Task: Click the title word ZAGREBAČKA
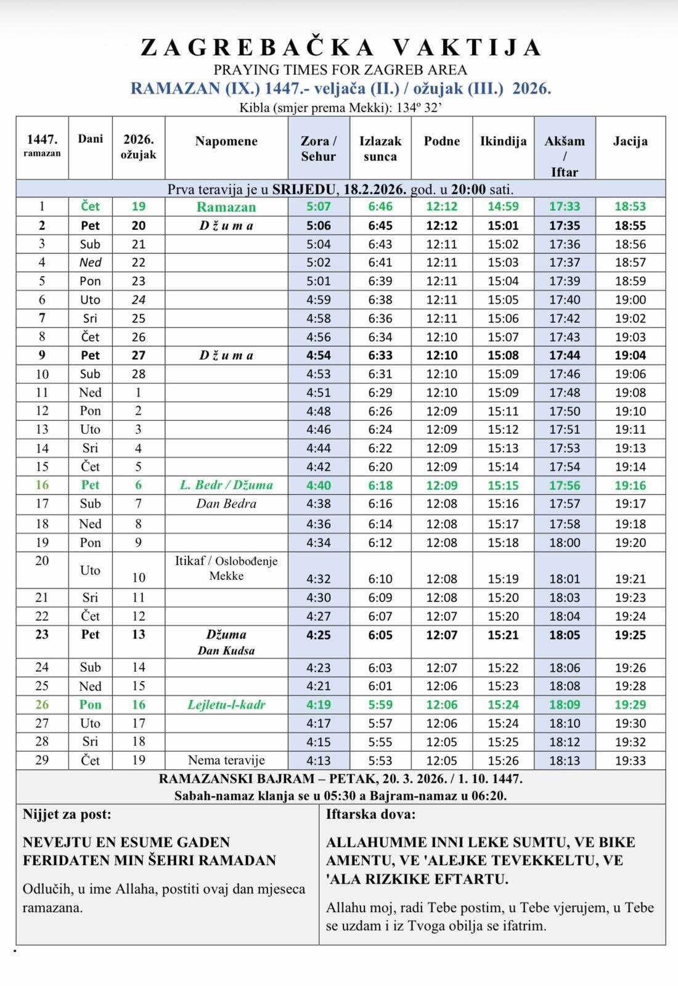[x=258, y=48]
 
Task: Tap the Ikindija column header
[x=503, y=141]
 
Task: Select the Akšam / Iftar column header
[x=564, y=156]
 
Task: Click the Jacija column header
[x=630, y=141]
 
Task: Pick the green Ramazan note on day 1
[x=226, y=207]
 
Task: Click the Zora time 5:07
[x=318, y=206]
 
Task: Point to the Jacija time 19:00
[x=630, y=299]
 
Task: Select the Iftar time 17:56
[x=564, y=486]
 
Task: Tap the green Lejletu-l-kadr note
[x=226, y=705]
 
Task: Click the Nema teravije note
[x=226, y=760]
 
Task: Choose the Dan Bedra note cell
[x=226, y=503]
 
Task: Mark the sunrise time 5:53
[x=380, y=760]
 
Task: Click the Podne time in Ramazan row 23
[x=441, y=635]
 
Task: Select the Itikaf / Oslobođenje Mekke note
[x=226, y=568]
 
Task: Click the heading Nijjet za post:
[x=67, y=815]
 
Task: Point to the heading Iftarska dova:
[x=370, y=815]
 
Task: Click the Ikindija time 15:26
[x=503, y=760]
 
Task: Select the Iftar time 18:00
[x=564, y=543]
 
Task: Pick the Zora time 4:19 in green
[x=318, y=705]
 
